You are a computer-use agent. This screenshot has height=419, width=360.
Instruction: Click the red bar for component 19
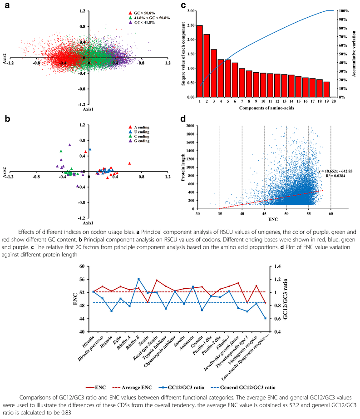pyautogui.click(x=326, y=89)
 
